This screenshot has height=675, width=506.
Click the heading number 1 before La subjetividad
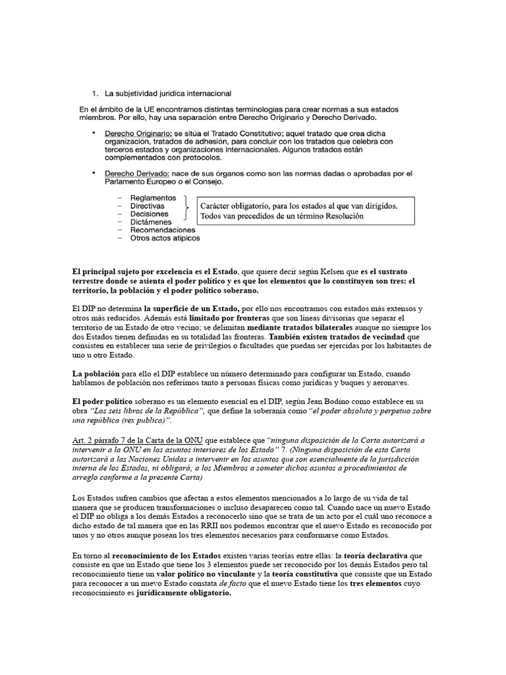pyautogui.click(x=94, y=94)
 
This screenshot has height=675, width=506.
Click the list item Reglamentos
pyautogui.click(x=153, y=198)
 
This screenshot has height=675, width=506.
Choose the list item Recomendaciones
pyautogui.click(x=162, y=230)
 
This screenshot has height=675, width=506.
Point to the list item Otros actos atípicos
pyautogui.click(x=165, y=238)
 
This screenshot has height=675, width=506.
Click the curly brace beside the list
pyautogui.click(x=187, y=207)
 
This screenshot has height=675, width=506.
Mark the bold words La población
pyautogui.click(x=97, y=374)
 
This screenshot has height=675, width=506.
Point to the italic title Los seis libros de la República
pyautogui.click(x=150, y=411)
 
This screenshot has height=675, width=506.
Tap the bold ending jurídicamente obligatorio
pyautogui.click(x=184, y=594)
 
